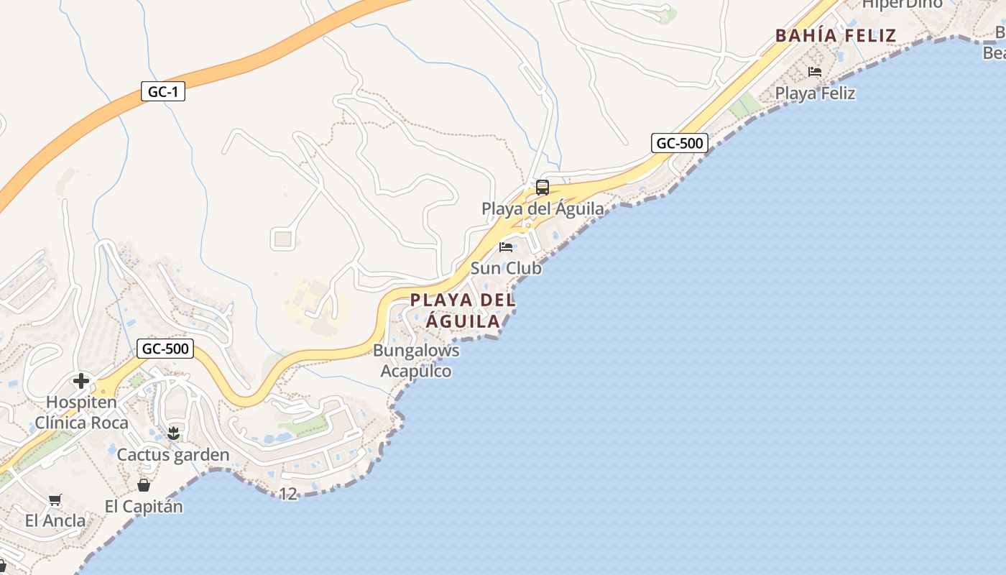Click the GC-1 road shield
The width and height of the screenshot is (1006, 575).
163,91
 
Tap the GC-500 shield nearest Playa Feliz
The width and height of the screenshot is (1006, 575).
680,143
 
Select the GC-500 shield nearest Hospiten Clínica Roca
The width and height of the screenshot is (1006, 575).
166,349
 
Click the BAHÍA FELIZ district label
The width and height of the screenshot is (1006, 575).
836,35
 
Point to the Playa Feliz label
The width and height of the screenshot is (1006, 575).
815,93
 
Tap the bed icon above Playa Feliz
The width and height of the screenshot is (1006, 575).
815,72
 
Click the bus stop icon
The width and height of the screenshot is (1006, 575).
543,188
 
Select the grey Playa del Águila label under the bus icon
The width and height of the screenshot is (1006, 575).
543,209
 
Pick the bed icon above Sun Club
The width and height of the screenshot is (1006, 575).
506,247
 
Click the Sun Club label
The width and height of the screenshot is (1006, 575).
506,268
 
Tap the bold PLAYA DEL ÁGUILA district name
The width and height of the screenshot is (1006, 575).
463,310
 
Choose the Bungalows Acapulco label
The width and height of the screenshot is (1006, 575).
416,361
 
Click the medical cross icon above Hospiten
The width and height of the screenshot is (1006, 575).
81,380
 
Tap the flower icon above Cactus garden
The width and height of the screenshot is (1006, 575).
173,433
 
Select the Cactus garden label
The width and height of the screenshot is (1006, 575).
173,454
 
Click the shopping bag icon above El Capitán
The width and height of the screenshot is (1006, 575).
144,485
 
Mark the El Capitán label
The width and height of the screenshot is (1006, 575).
144,506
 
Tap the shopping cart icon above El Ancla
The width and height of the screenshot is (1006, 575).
55,500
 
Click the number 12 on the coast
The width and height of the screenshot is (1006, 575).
288,494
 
